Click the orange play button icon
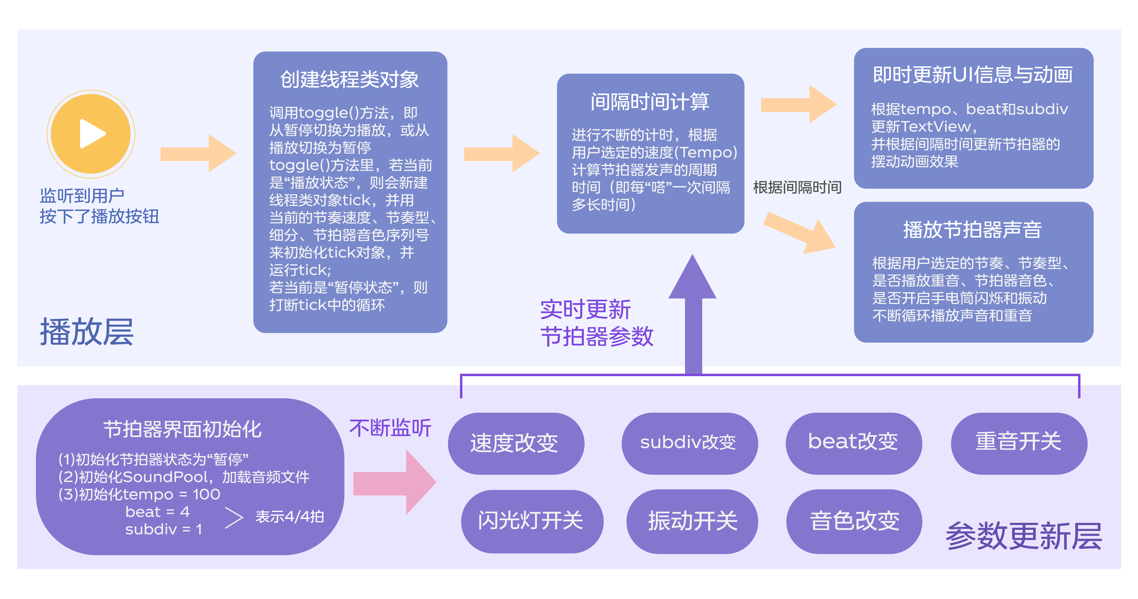(91, 134)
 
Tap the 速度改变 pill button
(516, 443)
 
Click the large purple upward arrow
(693, 314)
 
